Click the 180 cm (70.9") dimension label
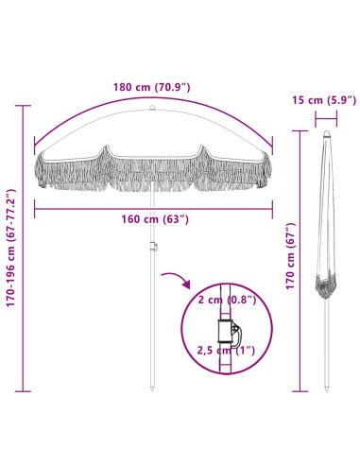pos(152,87)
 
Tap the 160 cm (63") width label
pos(155,219)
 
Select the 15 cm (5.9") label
pos(324,100)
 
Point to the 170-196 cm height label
pos(11,248)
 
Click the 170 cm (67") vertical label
pos(290,256)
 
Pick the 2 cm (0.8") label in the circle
pos(227,300)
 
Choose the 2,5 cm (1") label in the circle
pos(226,350)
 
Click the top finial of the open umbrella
pos(152,108)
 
